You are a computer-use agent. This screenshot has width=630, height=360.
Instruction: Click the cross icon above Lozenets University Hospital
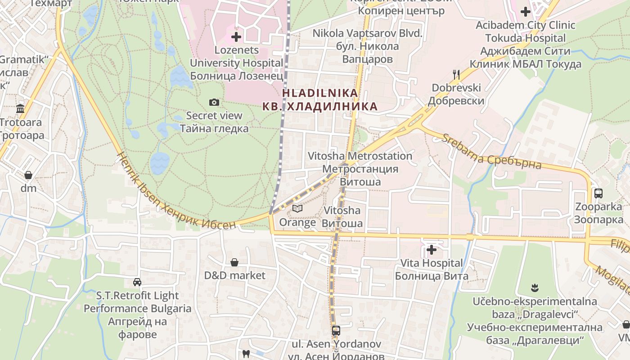click(x=236, y=36)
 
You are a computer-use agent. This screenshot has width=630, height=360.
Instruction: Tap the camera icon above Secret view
click(x=214, y=103)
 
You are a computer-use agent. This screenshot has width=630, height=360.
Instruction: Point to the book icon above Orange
click(x=297, y=208)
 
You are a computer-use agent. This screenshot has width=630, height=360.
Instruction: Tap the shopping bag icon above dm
click(x=28, y=175)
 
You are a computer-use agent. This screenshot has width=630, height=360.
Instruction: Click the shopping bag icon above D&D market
click(x=234, y=262)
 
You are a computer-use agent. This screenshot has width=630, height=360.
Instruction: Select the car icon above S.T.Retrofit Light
click(x=137, y=282)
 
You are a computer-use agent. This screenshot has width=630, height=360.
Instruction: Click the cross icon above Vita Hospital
click(x=432, y=249)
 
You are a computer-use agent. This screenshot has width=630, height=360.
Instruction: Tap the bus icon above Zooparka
click(x=598, y=193)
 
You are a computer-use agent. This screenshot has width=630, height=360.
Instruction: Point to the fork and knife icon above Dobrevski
click(x=456, y=74)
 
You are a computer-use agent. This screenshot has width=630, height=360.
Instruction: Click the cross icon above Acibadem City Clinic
click(x=526, y=12)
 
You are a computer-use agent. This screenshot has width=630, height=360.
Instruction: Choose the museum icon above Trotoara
click(x=20, y=108)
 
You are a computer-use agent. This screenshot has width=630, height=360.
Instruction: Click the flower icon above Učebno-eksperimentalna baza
click(x=535, y=288)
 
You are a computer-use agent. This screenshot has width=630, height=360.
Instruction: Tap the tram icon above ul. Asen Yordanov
click(x=336, y=331)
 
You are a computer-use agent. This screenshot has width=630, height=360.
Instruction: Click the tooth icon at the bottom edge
click(x=246, y=354)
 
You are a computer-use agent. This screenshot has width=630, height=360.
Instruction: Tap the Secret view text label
click(x=214, y=116)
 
